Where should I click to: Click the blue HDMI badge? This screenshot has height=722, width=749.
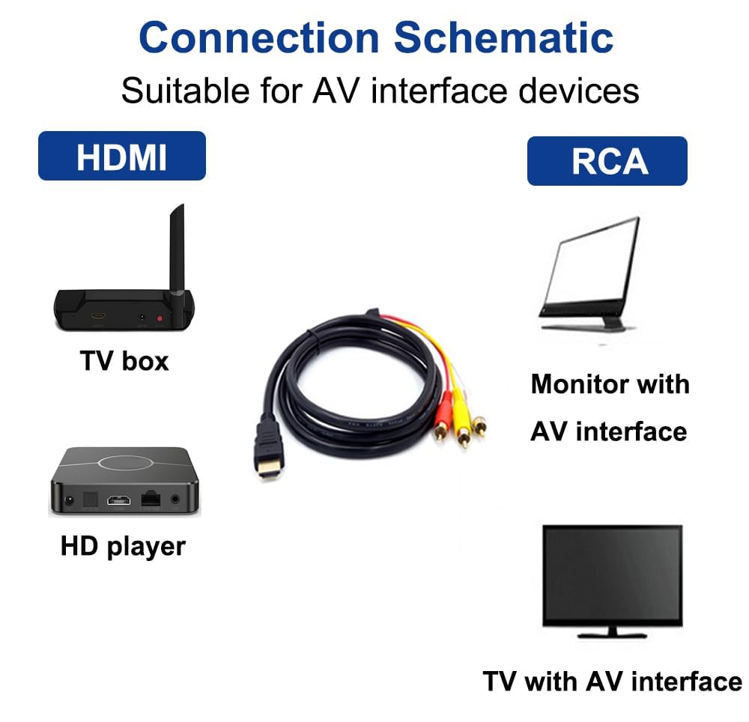point(122,156)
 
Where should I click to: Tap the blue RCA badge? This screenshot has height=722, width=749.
point(607,161)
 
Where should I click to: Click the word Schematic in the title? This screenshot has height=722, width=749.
point(503,37)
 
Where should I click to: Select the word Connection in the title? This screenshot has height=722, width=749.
point(259,37)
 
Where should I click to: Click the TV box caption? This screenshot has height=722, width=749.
point(124,360)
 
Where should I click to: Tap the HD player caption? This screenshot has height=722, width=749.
point(123,546)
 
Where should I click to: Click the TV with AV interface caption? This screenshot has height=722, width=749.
point(613,681)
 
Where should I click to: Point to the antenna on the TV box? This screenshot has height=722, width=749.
point(178,253)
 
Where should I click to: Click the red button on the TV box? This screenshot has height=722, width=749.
point(160,318)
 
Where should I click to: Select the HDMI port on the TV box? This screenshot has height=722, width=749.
point(99,316)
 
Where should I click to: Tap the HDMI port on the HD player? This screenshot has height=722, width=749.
point(119,500)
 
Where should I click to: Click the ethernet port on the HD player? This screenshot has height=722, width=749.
point(151,499)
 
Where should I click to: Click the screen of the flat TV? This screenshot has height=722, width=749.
point(613,574)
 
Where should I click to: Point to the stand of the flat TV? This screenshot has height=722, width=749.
point(613,633)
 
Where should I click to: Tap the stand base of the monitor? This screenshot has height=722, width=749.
point(583,327)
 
